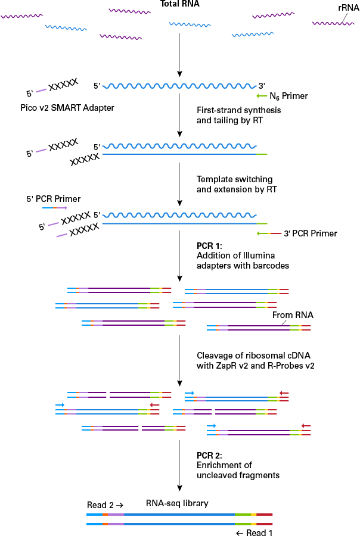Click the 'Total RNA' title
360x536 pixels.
click(x=180, y=4)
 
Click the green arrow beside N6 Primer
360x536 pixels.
click(x=262, y=95)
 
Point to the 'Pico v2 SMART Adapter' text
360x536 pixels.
click(x=58, y=108)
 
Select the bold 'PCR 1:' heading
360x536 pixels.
click(x=209, y=245)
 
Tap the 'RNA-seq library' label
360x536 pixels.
click(x=177, y=503)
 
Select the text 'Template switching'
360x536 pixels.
click(x=234, y=179)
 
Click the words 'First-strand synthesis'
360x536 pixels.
click(x=238, y=111)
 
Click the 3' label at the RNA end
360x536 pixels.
click(x=260, y=85)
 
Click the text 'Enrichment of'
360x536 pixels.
click(x=224, y=466)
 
